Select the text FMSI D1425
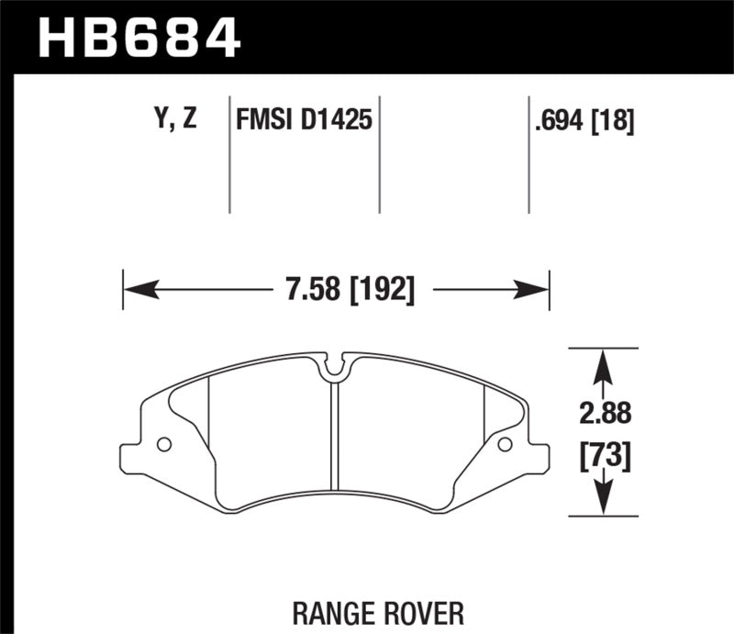point(304,119)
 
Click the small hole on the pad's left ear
point(164,445)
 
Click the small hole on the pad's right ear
point(504,445)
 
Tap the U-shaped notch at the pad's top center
point(336,368)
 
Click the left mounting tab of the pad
point(136,455)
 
